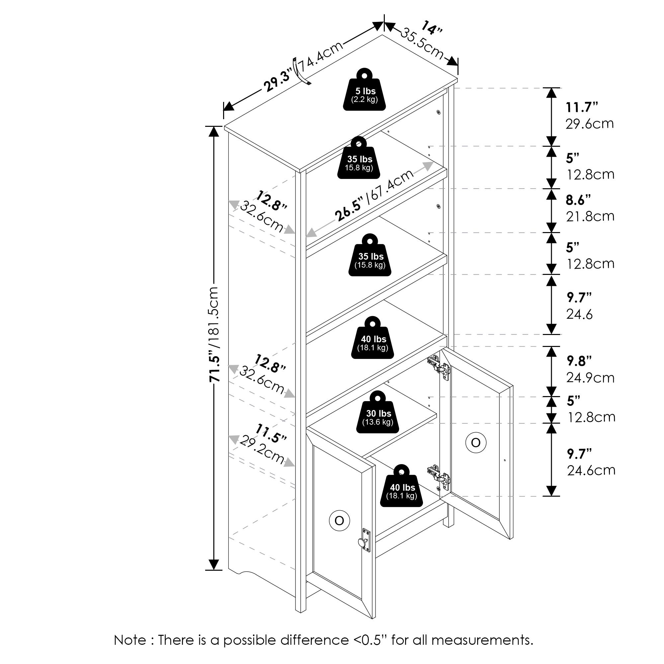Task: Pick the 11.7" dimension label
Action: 582,108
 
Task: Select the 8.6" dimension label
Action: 578,200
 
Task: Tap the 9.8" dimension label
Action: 579,361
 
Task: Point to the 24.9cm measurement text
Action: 590,378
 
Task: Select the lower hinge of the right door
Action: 440,476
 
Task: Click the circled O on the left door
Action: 339,521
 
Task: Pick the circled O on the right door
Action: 476,443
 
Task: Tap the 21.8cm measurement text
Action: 590,216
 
